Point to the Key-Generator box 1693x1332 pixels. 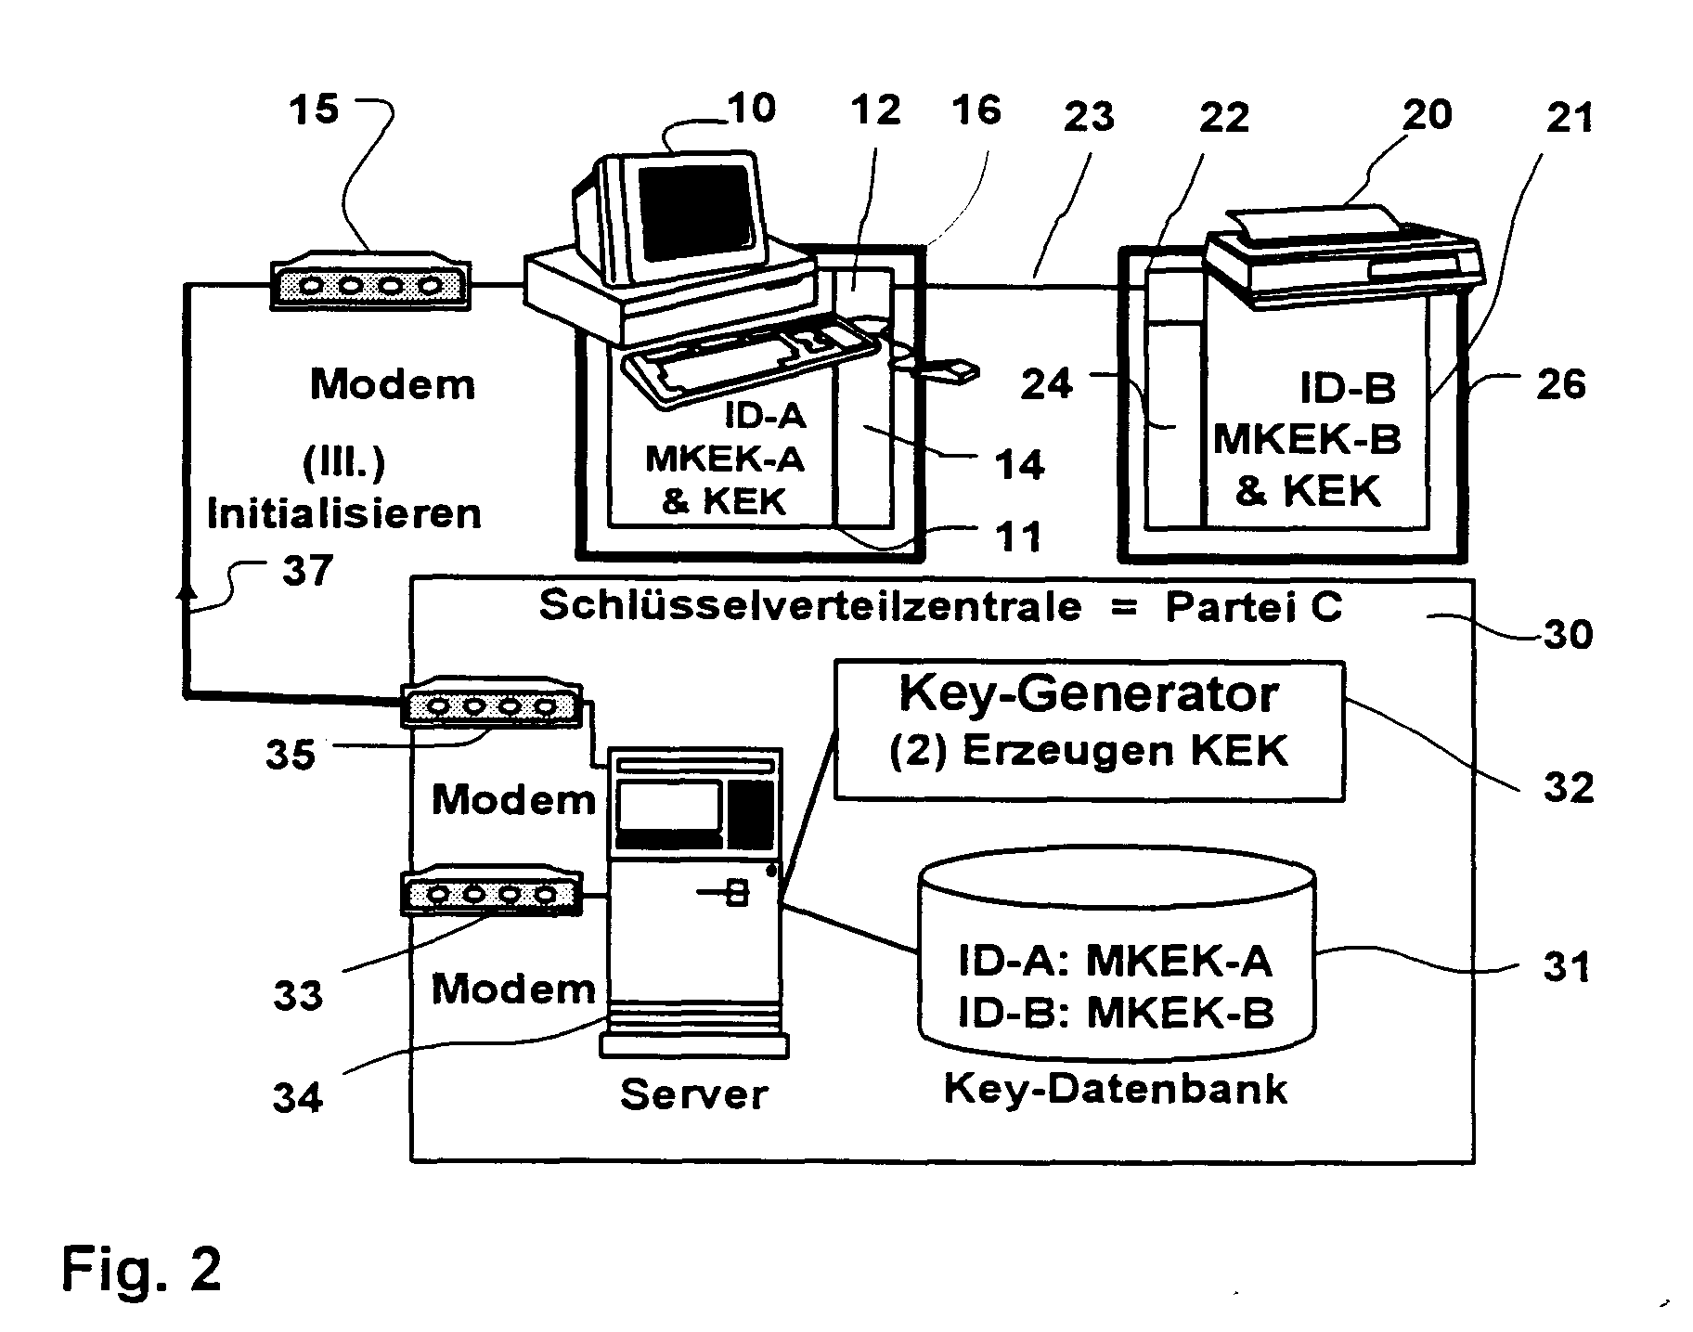pos(1089,730)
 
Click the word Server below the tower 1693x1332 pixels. pos(693,1094)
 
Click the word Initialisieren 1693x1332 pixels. pos(344,512)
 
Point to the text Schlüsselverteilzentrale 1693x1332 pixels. pos(810,606)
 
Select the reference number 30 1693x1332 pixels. pos(1568,635)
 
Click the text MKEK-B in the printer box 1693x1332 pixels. pos(1307,439)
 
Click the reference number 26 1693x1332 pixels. pos(1561,383)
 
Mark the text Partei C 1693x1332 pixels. pos(1253,606)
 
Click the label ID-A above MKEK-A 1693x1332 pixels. pos(765,415)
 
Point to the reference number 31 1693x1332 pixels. pos(1567,968)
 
